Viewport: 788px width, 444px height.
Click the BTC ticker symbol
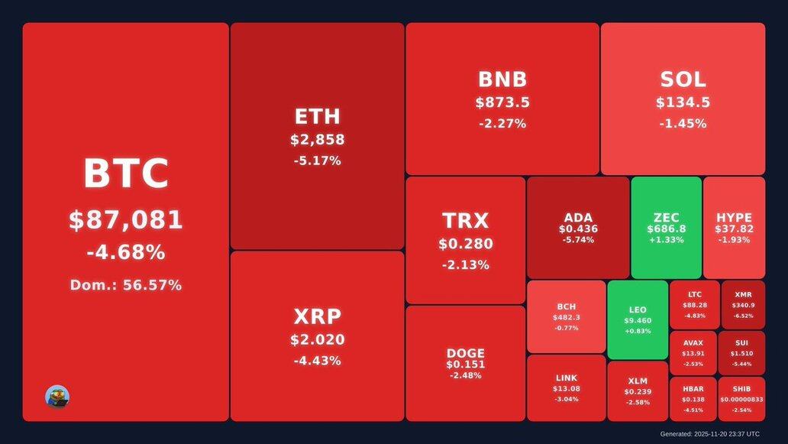(x=125, y=173)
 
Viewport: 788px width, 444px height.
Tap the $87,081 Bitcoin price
(x=125, y=220)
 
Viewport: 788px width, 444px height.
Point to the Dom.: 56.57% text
(x=125, y=285)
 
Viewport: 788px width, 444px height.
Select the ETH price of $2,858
(x=317, y=140)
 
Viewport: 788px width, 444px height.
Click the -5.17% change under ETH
(x=317, y=160)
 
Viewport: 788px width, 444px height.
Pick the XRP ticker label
(x=317, y=316)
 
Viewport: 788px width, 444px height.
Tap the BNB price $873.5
(x=502, y=102)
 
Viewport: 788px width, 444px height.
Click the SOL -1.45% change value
(x=683, y=123)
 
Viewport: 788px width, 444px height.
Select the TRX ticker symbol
(x=465, y=221)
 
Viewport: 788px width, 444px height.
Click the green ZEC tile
(x=666, y=228)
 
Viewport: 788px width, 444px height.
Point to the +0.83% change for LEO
(x=638, y=331)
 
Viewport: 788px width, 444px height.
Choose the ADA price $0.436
(x=578, y=228)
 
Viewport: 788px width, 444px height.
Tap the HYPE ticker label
(x=734, y=218)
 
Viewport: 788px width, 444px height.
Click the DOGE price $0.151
(x=465, y=365)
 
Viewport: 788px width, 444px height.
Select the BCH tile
(x=566, y=316)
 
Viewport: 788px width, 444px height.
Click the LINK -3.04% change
(x=566, y=399)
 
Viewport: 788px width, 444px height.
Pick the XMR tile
(x=742, y=304)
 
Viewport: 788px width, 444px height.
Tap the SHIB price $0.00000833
(x=741, y=400)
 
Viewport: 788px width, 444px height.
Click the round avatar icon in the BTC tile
(x=57, y=397)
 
